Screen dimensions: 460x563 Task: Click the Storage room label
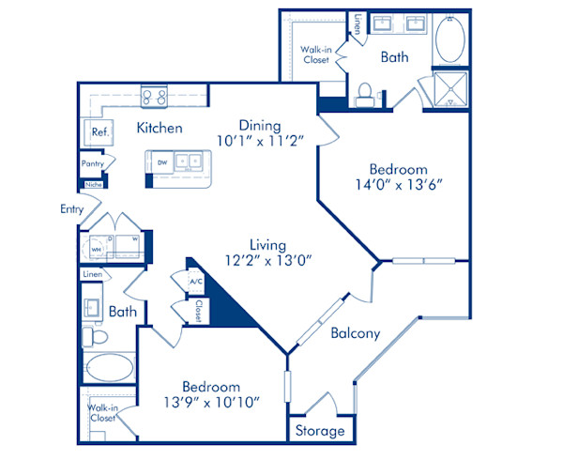point(320,432)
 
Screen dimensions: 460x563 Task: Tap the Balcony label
point(355,333)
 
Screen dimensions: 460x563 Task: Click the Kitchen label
point(159,128)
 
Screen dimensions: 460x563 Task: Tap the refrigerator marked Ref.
point(99,133)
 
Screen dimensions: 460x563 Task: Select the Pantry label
point(92,164)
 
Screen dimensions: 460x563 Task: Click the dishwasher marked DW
point(161,162)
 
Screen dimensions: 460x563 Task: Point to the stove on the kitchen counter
point(154,95)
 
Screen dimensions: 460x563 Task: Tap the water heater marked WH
point(96,249)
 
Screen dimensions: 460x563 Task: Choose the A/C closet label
point(196,281)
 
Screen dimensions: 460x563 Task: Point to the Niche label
point(93,185)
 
